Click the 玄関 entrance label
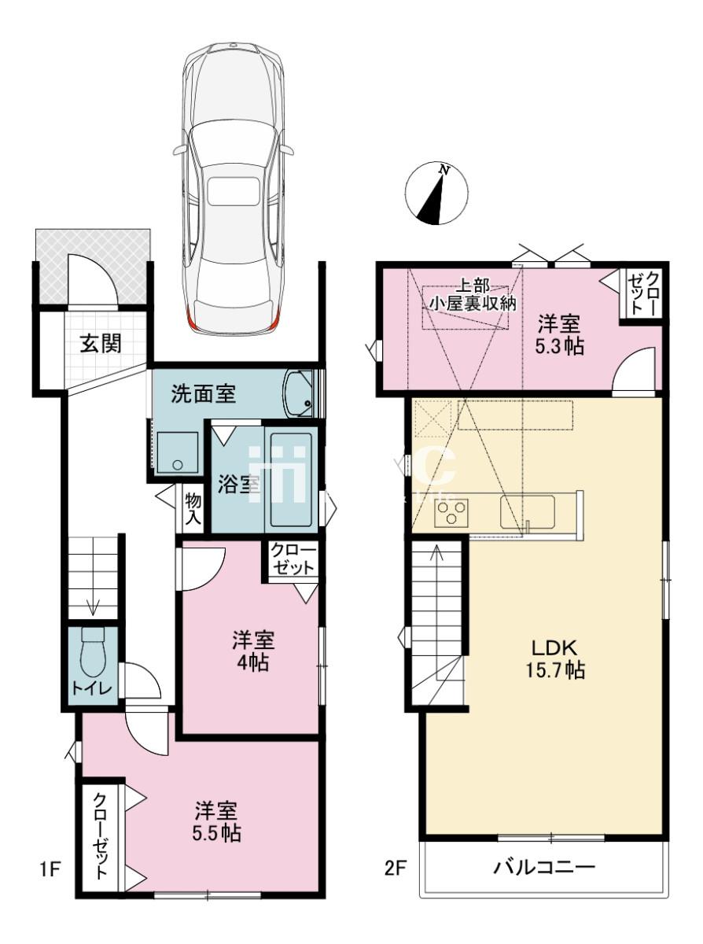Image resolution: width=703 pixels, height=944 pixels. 101,344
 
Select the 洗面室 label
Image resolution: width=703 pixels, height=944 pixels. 204,393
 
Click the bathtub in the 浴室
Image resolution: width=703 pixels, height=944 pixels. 292,480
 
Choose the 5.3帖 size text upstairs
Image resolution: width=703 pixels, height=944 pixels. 559,346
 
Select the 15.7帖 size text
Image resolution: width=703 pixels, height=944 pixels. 555,670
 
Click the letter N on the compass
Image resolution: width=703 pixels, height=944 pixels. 445,170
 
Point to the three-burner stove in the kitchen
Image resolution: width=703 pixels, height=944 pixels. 451,512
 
